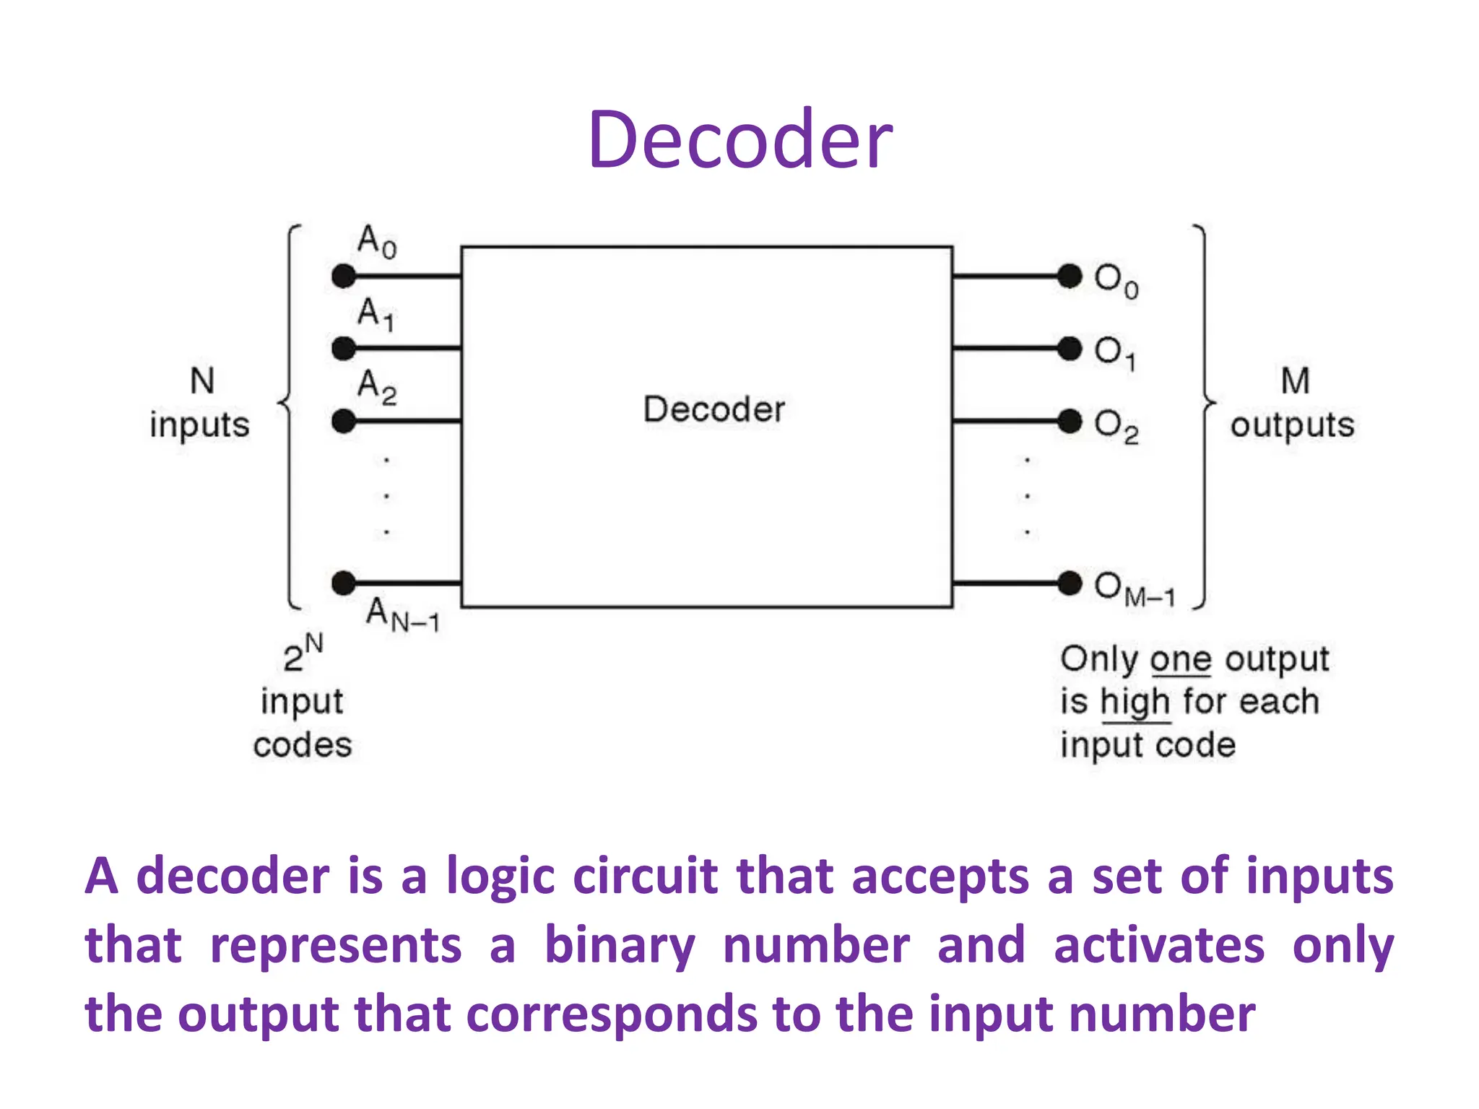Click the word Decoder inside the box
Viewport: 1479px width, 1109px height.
pos(714,409)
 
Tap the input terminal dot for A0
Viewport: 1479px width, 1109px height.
pos(344,276)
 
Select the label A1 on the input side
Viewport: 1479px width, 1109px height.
pos(376,314)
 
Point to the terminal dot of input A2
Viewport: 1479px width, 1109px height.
pos(344,421)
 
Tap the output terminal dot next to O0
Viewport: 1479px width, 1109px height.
pos(1070,276)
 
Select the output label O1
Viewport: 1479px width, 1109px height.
pos(1115,353)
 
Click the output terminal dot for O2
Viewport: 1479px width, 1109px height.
pos(1070,421)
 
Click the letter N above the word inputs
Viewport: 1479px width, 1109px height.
pos(202,380)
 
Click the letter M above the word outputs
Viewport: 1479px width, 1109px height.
pos(1295,380)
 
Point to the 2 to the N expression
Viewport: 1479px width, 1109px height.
pos(303,653)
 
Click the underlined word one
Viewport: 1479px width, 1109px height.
pos(1180,659)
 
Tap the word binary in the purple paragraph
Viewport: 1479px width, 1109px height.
pos(620,945)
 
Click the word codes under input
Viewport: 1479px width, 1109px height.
pos(303,745)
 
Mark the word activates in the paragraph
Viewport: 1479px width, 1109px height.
pos(1158,945)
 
